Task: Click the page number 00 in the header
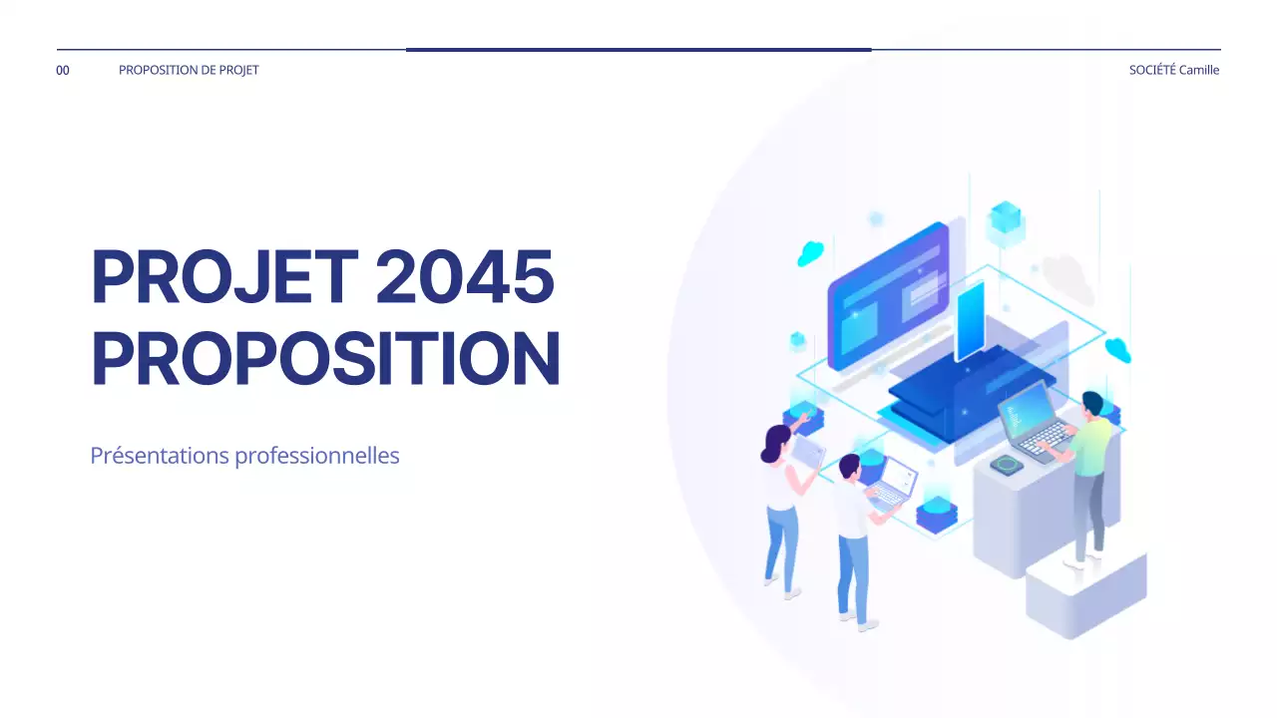click(x=63, y=70)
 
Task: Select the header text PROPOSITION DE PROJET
click(x=189, y=70)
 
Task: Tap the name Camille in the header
click(x=1199, y=70)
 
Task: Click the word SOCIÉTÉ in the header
click(x=1152, y=70)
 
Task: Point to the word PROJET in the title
click(x=223, y=277)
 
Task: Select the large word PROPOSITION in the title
click(x=325, y=360)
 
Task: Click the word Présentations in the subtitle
click(x=159, y=456)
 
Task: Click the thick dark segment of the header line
click(x=638, y=49)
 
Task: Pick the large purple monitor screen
click(x=886, y=294)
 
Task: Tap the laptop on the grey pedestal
click(x=1034, y=418)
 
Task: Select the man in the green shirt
click(x=1091, y=469)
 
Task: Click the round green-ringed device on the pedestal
click(x=1007, y=464)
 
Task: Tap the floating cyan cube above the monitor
click(x=1005, y=220)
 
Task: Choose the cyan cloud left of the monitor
click(x=810, y=253)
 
